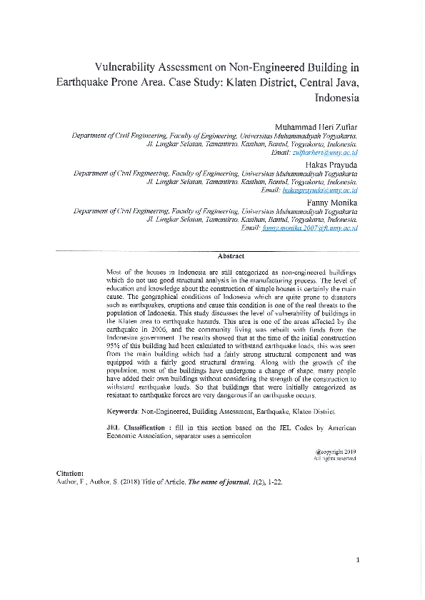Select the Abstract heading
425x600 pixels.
(231, 255)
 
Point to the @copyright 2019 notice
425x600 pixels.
(335, 452)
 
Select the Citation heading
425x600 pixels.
(70, 474)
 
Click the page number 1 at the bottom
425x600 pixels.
(357, 559)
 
